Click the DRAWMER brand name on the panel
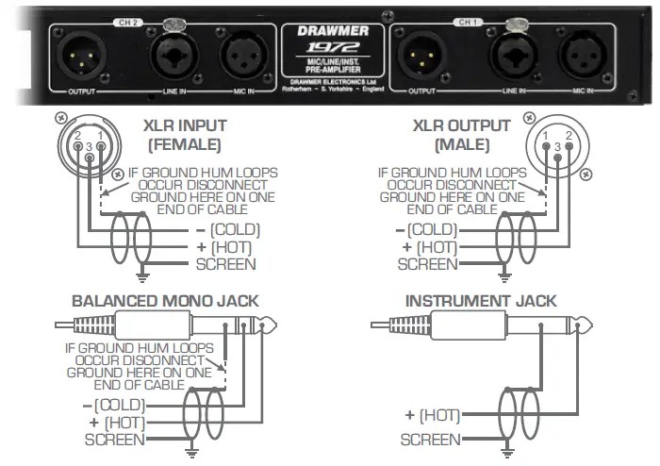[x=330, y=30]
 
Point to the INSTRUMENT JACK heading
[x=481, y=302]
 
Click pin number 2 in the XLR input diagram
[x=79, y=137]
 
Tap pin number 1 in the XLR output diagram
[x=547, y=137]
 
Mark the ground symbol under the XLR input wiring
[x=140, y=277]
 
